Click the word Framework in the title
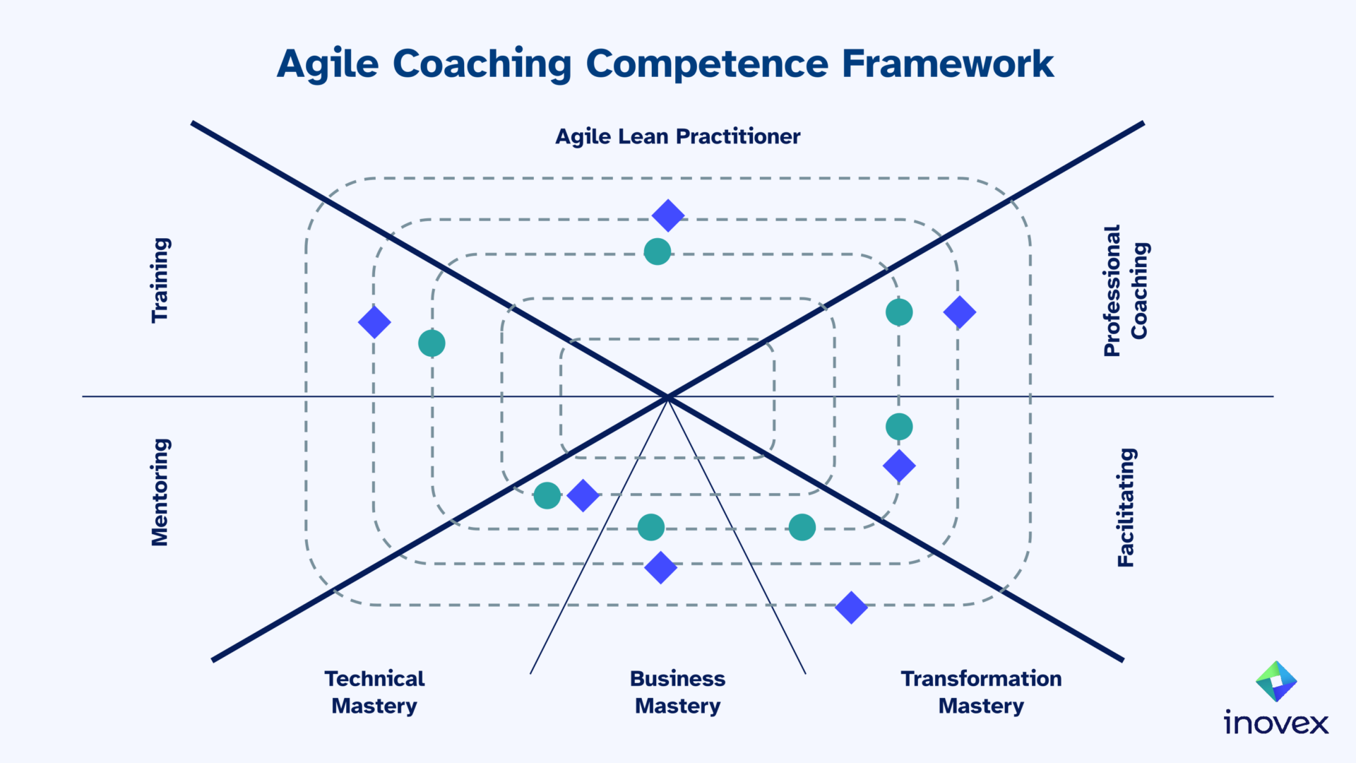(x=947, y=64)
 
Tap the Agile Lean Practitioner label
(x=677, y=136)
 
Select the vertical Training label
(x=160, y=280)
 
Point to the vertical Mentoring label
(x=160, y=492)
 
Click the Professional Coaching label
(x=1126, y=290)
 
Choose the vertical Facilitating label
(x=1126, y=507)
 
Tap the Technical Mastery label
(x=374, y=692)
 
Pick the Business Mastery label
(x=677, y=692)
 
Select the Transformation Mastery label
(x=981, y=692)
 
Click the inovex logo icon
(x=1276, y=681)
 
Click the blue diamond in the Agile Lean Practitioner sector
(x=668, y=215)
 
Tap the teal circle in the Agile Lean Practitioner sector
(x=658, y=252)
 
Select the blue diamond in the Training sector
(x=374, y=322)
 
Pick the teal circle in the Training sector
(x=432, y=343)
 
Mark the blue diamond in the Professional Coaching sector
(x=960, y=312)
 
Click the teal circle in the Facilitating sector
(x=899, y=427)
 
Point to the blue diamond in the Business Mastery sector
(x=661, y=567)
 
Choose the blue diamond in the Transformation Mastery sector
(x=851, y=608)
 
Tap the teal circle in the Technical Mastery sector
(x=547, y=496)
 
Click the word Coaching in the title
(x=482, y=64)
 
